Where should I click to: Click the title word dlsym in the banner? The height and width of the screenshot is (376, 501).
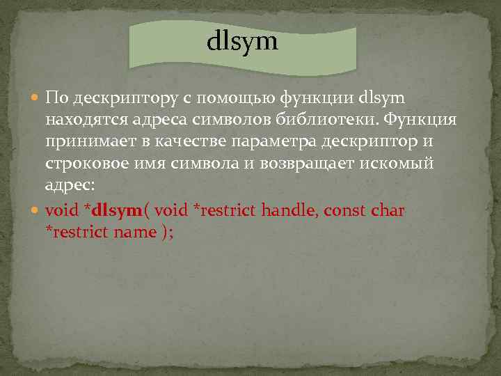tap(242, 42)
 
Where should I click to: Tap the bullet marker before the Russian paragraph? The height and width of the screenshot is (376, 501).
tap(35, 96)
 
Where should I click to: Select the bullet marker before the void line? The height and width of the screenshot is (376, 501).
tap(35, 210)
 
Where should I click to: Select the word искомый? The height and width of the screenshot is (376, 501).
tap(409, 164)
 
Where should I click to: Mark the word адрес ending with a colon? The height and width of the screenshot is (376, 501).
tap(67, 187)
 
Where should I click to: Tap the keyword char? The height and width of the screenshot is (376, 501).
tap(388, 210)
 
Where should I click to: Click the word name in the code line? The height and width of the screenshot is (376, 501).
tap(134, 233)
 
